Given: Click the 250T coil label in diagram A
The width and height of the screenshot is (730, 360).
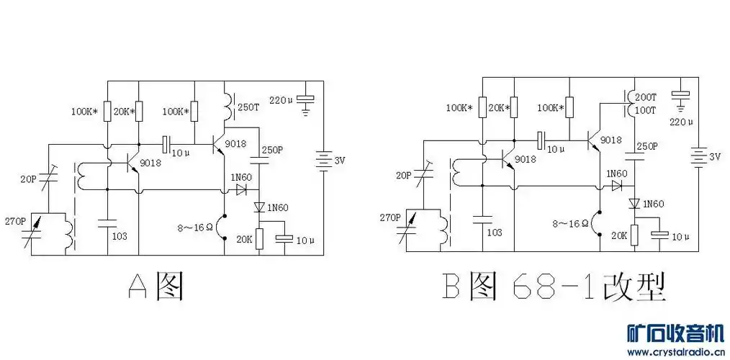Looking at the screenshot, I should tap(248, 108).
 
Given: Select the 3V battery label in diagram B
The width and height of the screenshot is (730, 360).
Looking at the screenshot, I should tap(714, 157).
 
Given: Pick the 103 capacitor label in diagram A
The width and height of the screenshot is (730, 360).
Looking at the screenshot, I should tap(120, 236).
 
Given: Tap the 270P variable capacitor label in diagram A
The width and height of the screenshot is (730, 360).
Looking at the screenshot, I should tap(15, 220).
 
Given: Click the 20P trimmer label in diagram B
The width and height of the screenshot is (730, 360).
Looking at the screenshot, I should tap(404, 175).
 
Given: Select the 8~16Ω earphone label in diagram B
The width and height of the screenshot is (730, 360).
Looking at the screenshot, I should tap(571, 223).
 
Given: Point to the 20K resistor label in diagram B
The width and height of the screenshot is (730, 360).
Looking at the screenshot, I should tap(618, 235).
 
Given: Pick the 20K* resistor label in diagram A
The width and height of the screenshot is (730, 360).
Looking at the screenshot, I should tap(125, 112).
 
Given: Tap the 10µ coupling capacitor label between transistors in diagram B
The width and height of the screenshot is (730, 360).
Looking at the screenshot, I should tap(555, 149).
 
